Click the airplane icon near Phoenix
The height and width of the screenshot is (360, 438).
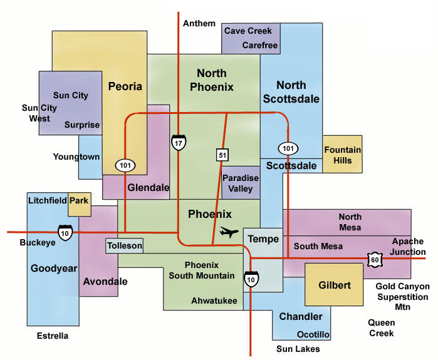click(x=229, y=233)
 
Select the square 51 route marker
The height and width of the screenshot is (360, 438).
click(x=222, y=154)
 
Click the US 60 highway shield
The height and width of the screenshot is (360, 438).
click(x=375, y=258)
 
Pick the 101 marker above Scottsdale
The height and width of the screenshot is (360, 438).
click(x=288, y=148)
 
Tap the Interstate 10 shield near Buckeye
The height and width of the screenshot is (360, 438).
click(x=64, y=231)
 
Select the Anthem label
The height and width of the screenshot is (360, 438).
click(x=199, y=24)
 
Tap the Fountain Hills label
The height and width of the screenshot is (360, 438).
click(x=342, y=155)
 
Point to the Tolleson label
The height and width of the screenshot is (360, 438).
click(x=124, y=245)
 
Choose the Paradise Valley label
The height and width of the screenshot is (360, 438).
click(x=241, y=183)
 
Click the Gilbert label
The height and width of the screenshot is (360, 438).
click(x=333, y=284)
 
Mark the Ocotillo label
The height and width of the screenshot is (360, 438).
click(x=313, y=334)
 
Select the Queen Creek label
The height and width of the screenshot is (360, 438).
click(x=381, y=328)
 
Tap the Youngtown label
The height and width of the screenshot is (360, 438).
click(x=76, y=157)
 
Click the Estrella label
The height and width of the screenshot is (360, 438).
click(x=51, y=336)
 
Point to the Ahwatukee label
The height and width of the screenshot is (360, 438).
click(x=214, y=301)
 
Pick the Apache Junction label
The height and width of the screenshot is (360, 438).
click(x=408, y=247)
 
